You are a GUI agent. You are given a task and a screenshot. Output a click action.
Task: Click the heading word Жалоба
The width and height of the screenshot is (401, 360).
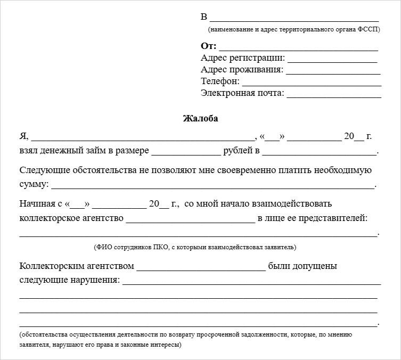pos(200,119)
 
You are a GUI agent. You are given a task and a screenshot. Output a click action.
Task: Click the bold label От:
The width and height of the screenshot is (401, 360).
pos(208,46)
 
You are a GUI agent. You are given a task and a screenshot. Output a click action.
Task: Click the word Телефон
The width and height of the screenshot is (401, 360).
pos(220,81)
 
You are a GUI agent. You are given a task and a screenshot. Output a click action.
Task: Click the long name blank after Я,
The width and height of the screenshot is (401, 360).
pos(143,137)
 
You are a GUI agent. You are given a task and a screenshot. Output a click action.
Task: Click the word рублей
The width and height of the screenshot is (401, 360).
pos(242,151)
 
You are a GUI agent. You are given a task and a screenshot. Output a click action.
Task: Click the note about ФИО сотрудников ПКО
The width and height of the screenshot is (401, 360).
pos(195,247)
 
